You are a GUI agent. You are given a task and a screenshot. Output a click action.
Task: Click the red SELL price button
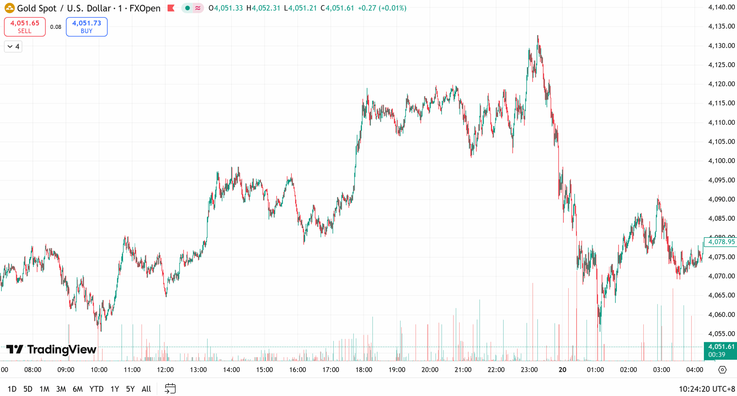25,27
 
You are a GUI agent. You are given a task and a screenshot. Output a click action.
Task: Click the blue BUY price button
87,27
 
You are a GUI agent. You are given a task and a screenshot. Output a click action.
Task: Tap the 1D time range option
12,389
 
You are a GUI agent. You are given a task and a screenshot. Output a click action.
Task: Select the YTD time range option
96,389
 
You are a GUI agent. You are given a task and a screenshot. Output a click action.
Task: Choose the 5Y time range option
130,389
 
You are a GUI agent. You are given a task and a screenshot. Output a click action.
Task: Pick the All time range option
146,389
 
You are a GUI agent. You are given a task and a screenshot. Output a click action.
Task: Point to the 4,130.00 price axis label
721,46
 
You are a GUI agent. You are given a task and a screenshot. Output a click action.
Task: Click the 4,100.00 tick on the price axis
721,161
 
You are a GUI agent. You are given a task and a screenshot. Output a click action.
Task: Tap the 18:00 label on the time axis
364,370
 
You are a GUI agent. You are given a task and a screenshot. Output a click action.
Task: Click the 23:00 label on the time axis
529,370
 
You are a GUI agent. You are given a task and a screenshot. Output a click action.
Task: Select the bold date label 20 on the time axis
562,370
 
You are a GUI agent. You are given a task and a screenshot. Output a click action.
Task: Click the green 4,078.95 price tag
721,242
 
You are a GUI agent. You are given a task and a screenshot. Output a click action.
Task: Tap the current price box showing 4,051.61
721,350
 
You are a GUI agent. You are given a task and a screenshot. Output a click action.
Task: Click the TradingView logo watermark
51,350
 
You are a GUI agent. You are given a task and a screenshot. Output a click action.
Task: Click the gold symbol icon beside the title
10,8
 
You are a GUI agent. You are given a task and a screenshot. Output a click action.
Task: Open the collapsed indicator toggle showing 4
13,47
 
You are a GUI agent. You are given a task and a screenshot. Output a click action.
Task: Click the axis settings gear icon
722,370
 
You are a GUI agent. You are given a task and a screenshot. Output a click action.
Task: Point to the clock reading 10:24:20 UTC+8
707,389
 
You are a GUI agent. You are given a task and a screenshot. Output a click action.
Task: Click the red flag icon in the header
171,8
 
